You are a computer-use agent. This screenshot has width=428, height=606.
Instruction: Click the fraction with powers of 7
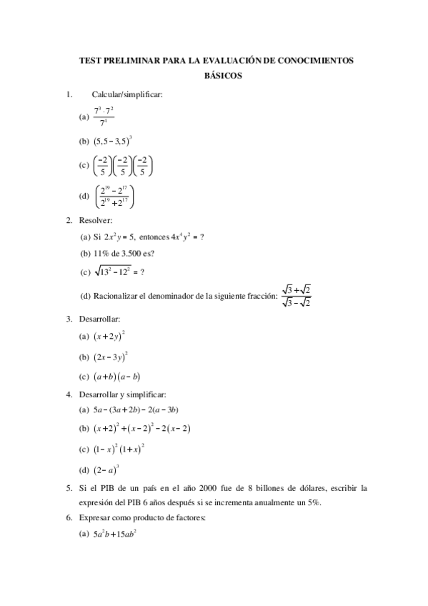click(x=104, y=116)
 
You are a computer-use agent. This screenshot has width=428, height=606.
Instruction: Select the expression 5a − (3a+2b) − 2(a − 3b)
click(x=136, y=410)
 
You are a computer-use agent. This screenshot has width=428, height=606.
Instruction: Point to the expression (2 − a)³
click(x=106, y=470)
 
